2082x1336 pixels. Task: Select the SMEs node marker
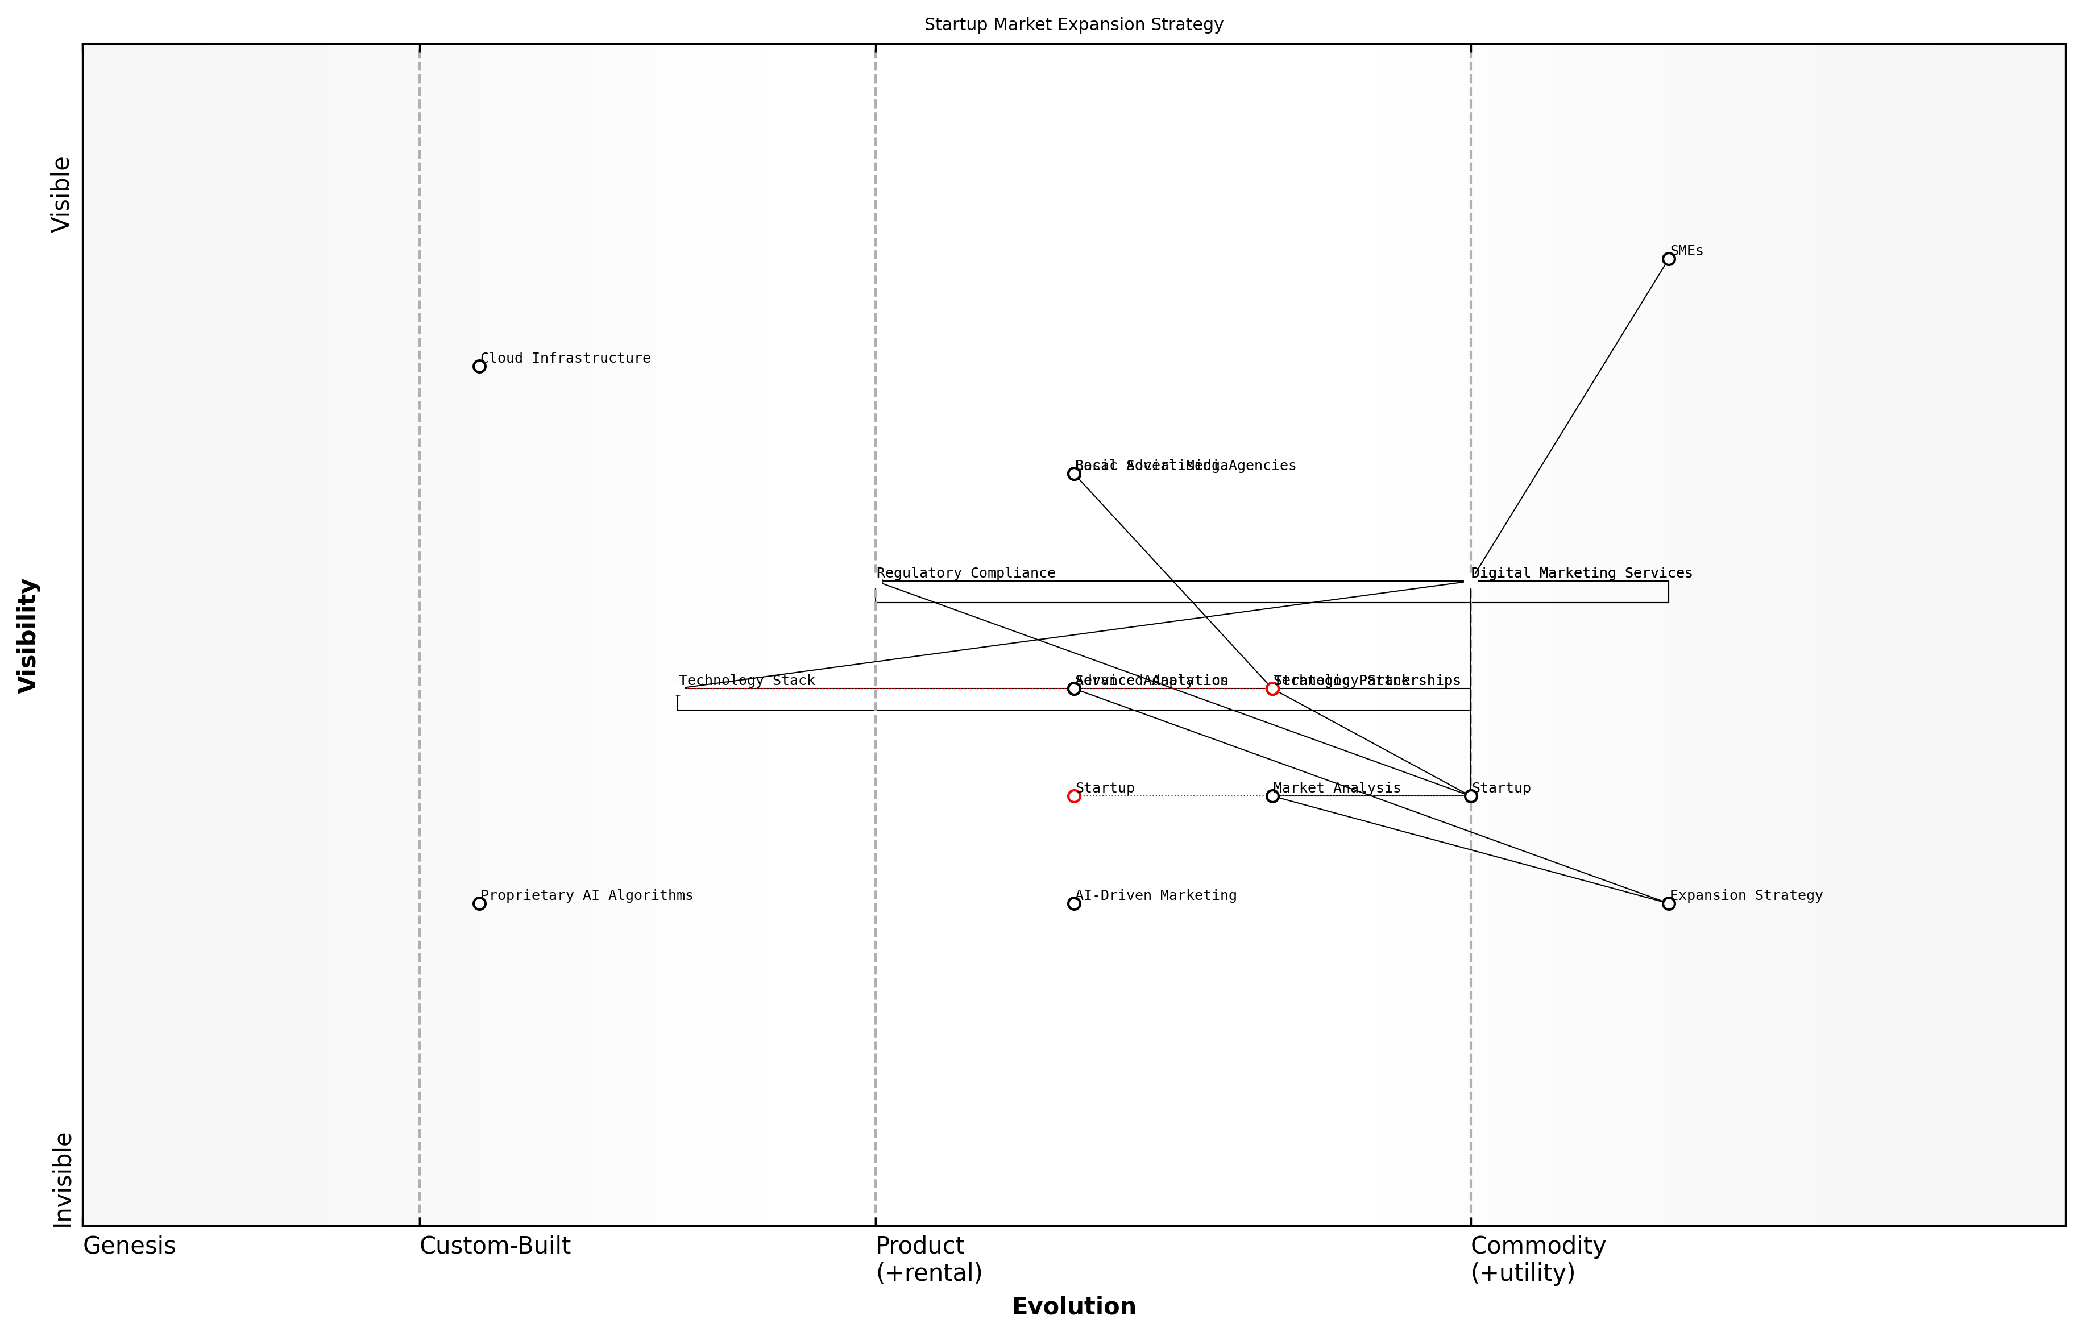coord(1668,259)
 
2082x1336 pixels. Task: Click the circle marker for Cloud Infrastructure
coord(479,366)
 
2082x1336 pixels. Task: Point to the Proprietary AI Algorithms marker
coord(479,903)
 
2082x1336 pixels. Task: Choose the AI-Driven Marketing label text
coord(1155,895)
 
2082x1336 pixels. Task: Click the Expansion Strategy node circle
coord(1668,903)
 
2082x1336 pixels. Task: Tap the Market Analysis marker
coord(1272,795)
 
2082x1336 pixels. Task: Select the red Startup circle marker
coord(1074,795)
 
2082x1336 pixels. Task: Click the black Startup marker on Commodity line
coord(1470,795)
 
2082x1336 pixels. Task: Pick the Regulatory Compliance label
coord(965,574)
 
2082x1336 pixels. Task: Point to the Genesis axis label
coord(129,1246)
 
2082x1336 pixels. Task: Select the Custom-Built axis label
coord(495,1246)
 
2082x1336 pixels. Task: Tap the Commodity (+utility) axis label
coord(1537,1259)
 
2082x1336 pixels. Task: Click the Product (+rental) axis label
coord(928,1259)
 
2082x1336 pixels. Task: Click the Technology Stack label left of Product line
coord(746,681)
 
